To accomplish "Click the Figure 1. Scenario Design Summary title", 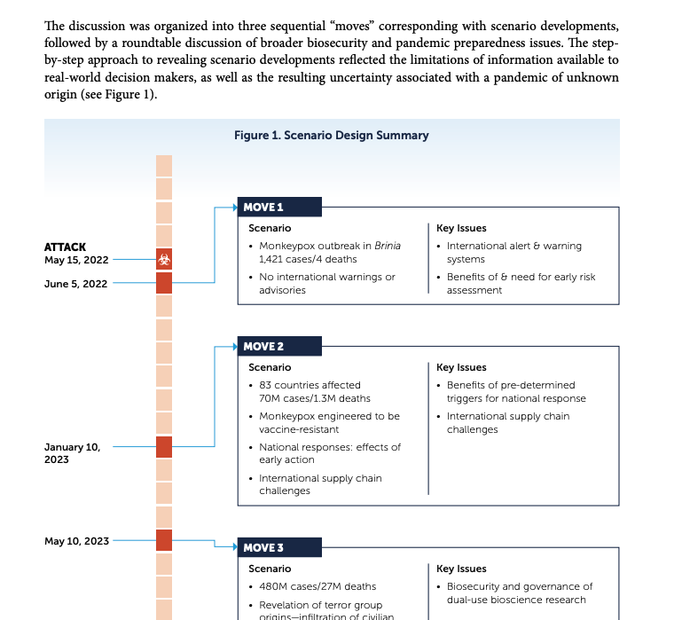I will pos(331,136).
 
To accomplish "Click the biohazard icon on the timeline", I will pos(164,260).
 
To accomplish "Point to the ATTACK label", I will pos(65,247).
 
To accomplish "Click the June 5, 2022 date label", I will pos(75,284).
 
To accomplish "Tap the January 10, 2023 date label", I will pos(72,453).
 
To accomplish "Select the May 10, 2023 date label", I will pos(76,541).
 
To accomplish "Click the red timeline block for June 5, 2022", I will pos(164,283).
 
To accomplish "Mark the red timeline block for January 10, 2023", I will pos(164,446).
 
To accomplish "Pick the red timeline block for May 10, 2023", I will pos(164,540).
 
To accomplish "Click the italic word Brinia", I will pos(387,246).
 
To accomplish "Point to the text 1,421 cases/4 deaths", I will pos(308,259).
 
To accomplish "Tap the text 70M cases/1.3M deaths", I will pos(315,398).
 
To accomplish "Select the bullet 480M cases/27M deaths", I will pos(317,586).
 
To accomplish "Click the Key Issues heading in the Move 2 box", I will pos(461,367).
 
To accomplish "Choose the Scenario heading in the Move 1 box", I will pos(270,228).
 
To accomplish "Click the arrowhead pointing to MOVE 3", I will pos(233,547).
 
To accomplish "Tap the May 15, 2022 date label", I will pos(75,260).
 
